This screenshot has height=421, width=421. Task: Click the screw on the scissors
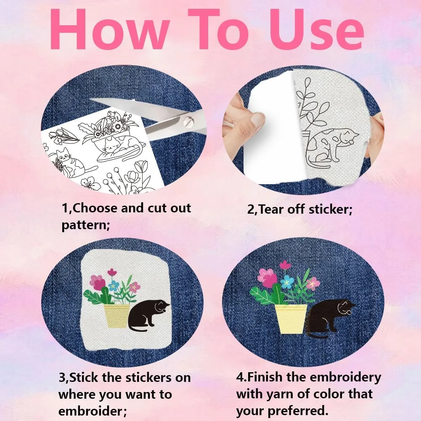tap(188, 122)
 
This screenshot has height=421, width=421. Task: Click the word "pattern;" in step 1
tap(86, 225)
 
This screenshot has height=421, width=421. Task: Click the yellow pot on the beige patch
tap(117, 316)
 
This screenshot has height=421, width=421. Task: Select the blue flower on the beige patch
tap(114, 285)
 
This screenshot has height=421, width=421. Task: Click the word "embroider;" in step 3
tap(93, 411)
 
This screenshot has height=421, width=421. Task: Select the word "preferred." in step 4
tap(298, 411)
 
